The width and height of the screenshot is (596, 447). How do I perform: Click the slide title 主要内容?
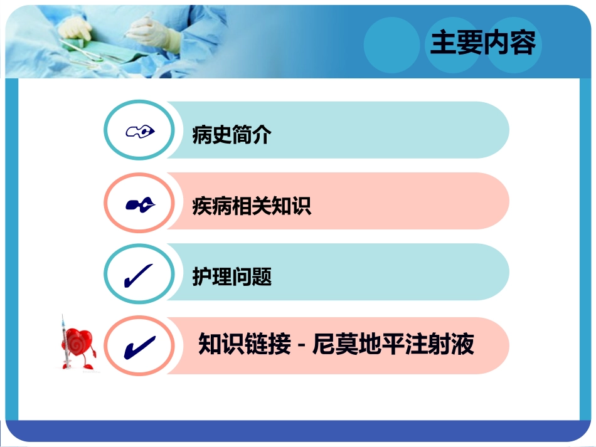482,43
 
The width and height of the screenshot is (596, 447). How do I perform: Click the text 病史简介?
231,134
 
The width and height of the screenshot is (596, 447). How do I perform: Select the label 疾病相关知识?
252,205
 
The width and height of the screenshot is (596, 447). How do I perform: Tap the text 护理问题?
231,276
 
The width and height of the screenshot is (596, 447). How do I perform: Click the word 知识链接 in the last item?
245,344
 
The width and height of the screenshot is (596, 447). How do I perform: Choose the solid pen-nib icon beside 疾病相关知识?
139,204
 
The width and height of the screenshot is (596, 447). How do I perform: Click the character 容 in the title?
523,43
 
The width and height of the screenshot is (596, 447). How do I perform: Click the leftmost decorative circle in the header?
391,45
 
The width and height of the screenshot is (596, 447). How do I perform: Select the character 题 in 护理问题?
262,276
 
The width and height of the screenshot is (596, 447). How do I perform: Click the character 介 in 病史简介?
262,134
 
